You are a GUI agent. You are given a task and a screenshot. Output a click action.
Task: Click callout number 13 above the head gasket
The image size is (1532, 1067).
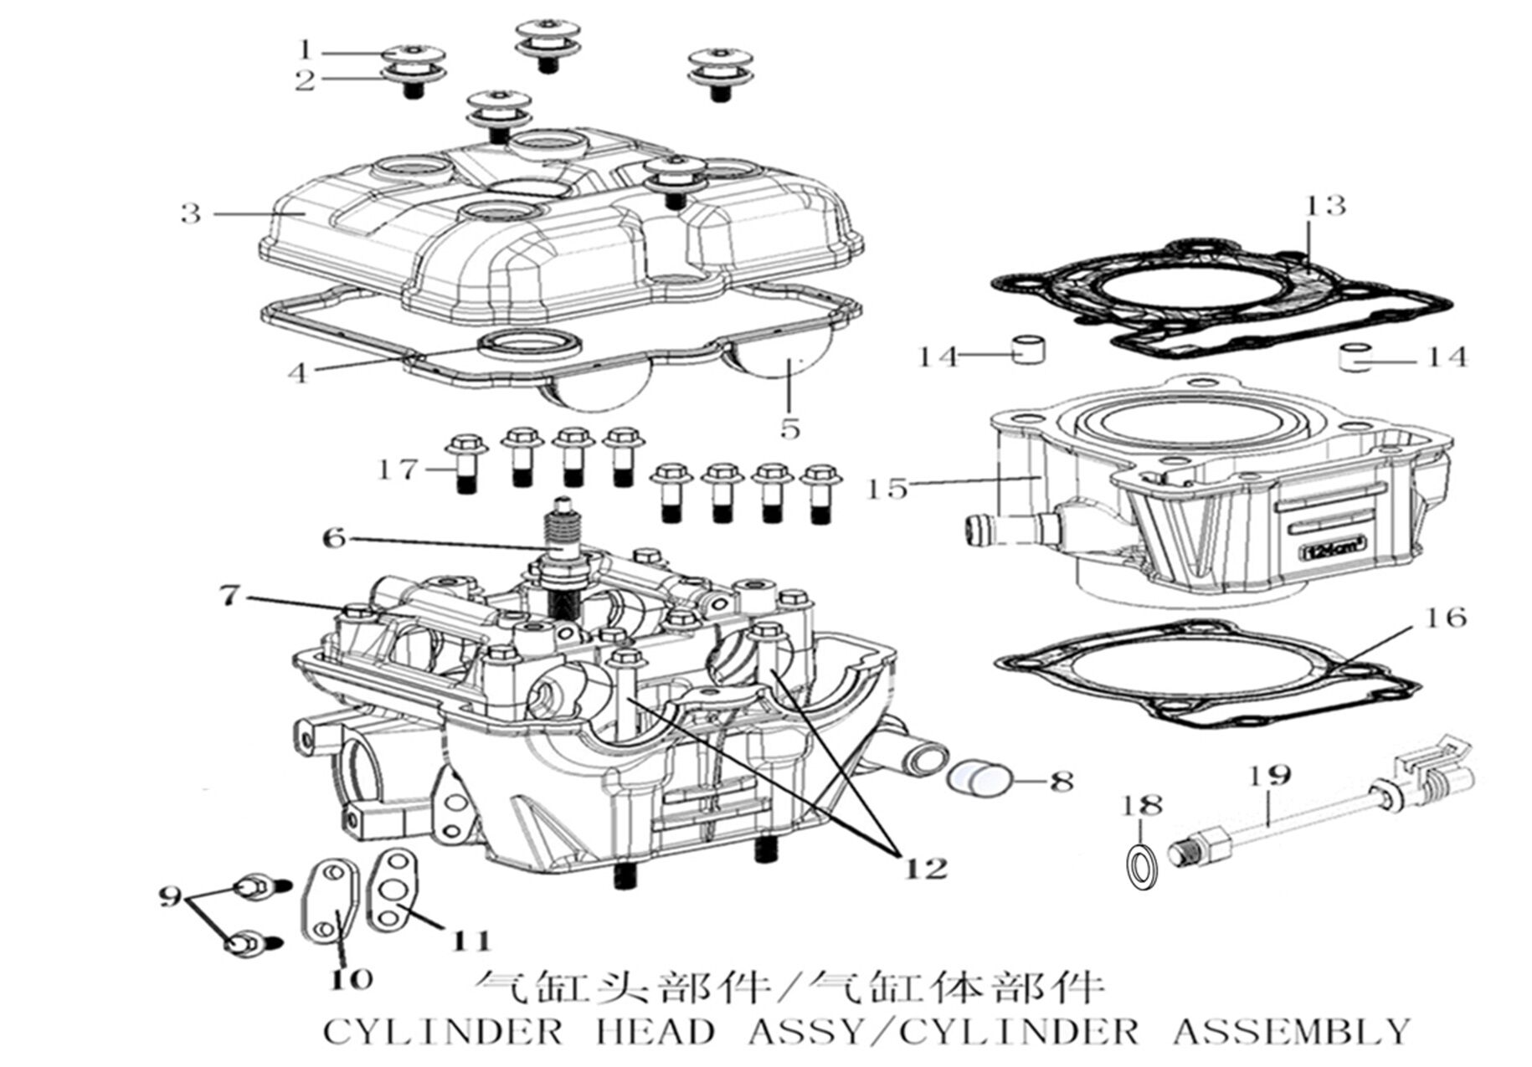click(1325, 205)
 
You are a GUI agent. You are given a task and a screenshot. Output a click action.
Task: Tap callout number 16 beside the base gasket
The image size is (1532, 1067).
click(1446, 618)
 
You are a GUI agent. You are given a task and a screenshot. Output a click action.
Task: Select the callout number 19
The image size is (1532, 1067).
click(1271, 776)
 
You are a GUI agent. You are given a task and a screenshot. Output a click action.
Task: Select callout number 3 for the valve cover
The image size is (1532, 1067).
click(191, 213)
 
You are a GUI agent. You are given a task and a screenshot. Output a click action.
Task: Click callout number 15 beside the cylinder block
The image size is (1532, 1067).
click(888, 488)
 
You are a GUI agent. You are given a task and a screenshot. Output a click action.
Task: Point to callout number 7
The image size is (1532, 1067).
click(229, 596)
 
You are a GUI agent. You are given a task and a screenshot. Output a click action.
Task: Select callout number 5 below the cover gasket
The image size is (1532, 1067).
click(789, 428)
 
